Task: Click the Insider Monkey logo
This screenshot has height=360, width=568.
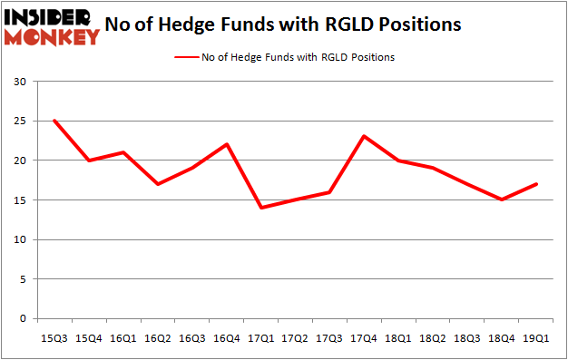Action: (52, 25)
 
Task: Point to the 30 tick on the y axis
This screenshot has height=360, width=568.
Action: (20, 82)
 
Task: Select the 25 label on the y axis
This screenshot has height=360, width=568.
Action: (20, 122)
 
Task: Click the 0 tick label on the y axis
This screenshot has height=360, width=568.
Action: (24, 319)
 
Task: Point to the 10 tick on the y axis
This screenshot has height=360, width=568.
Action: (20, 240)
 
